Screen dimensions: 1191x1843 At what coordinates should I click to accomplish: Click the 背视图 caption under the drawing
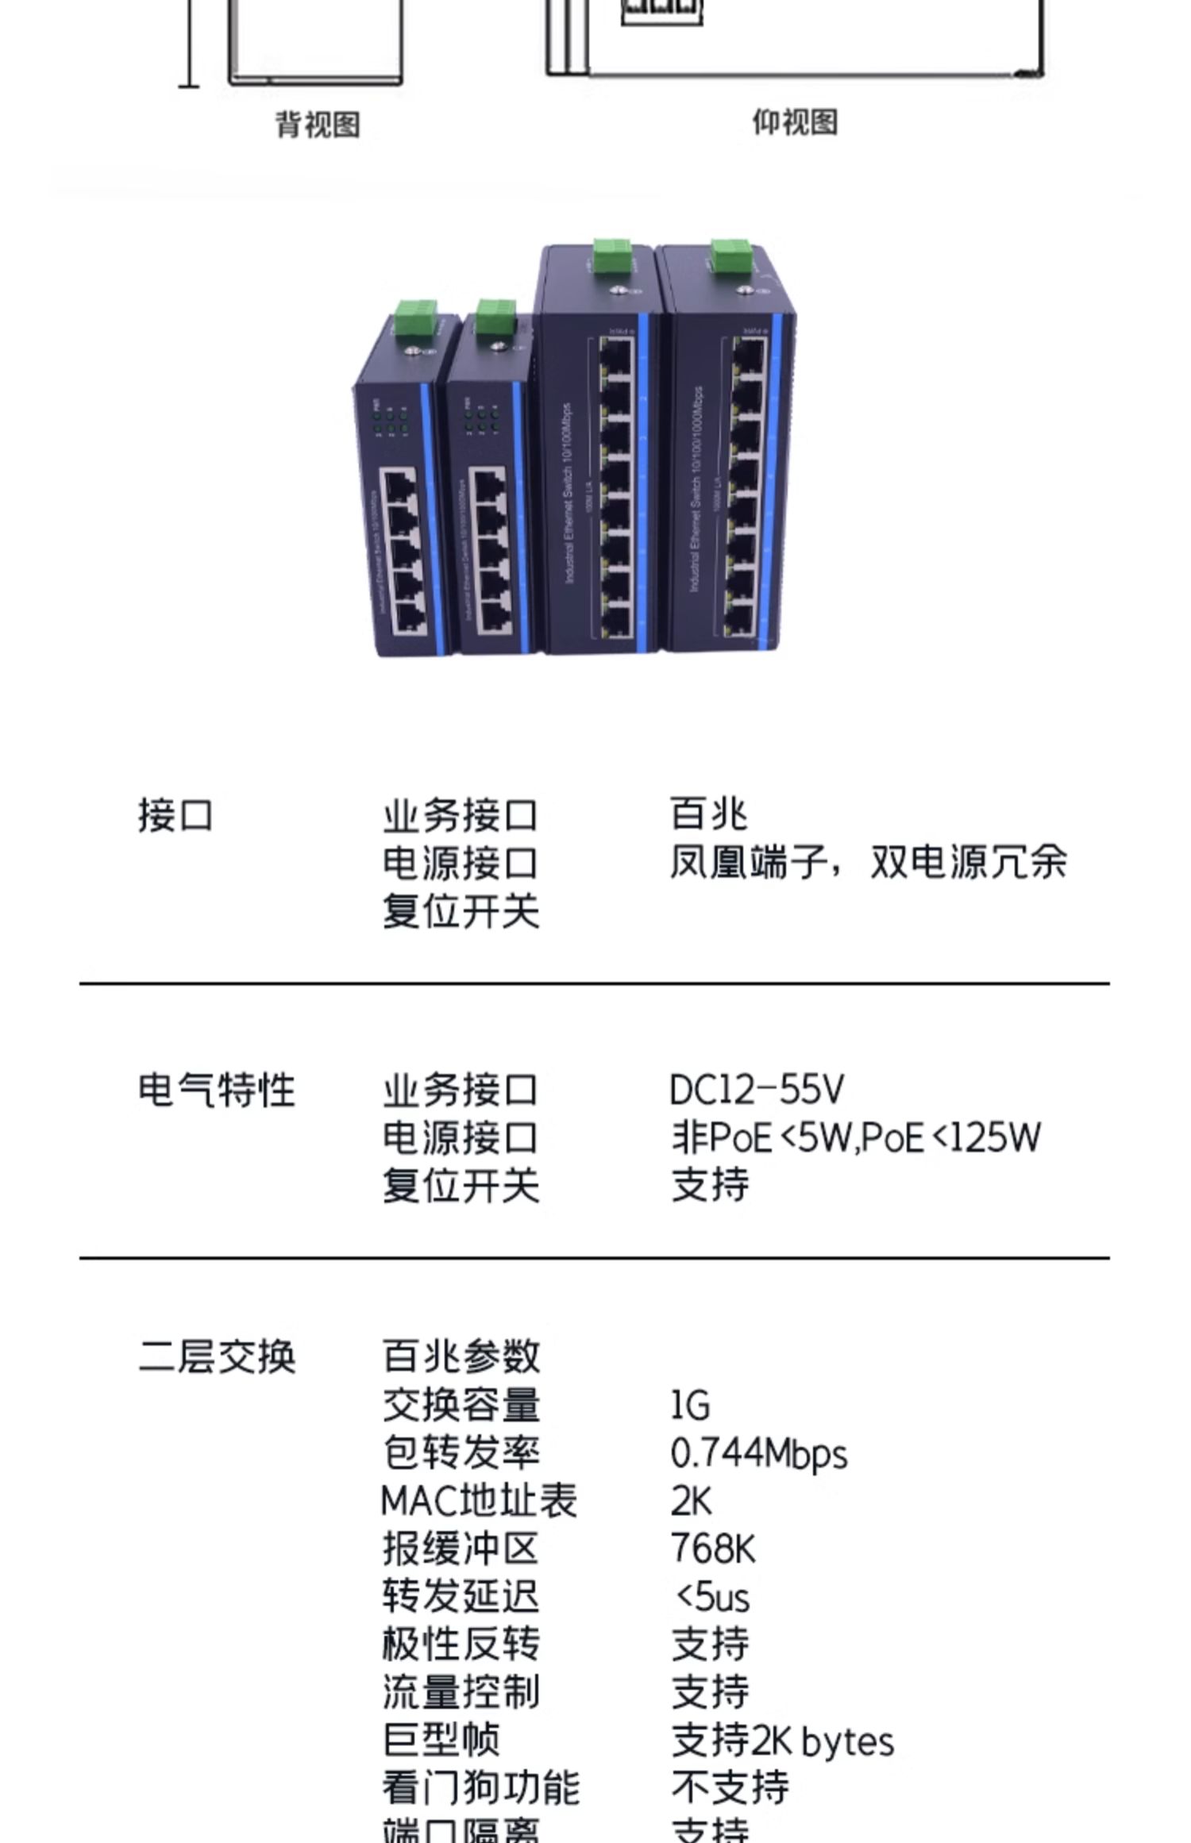click(x=318, y=125)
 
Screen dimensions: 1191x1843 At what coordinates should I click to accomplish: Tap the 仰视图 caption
click(x=795, y=122)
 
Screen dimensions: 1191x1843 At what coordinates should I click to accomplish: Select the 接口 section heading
click(x=175, y=816)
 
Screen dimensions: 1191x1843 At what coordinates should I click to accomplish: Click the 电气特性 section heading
click(x=216, y=1090)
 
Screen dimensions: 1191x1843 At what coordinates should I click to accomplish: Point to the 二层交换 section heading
click(x=217, y=1356)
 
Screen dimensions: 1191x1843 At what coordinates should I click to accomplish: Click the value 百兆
click(x=708, y=814)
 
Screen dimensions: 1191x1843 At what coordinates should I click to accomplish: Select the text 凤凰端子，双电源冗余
click(x=867, y=863)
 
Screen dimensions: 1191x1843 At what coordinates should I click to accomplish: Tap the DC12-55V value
click(x=757, y=1090)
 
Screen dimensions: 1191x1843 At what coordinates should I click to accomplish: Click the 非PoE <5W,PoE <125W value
click(x=855, y=1137)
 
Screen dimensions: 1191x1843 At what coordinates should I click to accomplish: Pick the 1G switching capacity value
click(x=690, y=1406)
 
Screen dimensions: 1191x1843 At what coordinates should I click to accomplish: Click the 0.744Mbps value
click(x=758, y=1454)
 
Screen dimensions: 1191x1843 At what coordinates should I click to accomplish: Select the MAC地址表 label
click(x=479, y=1502)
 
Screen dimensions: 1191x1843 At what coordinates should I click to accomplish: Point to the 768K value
click(x=713, y=1549)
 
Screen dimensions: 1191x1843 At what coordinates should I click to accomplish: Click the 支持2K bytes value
click(x=782, y=1741)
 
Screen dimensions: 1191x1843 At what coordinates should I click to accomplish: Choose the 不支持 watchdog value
click(x=730, y=1787)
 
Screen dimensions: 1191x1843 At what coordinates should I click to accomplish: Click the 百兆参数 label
click(x=461, y=1356)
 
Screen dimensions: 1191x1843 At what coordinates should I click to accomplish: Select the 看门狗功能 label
click(x=480, y=1787)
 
